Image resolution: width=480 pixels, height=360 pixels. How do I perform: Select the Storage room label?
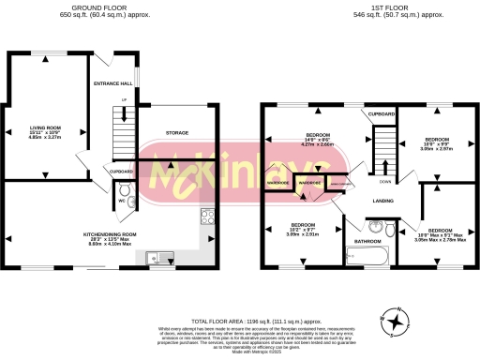point(178,133)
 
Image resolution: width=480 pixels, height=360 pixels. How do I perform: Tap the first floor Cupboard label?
point(381,114)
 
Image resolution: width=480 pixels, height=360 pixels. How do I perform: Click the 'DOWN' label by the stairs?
point(385,182)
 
